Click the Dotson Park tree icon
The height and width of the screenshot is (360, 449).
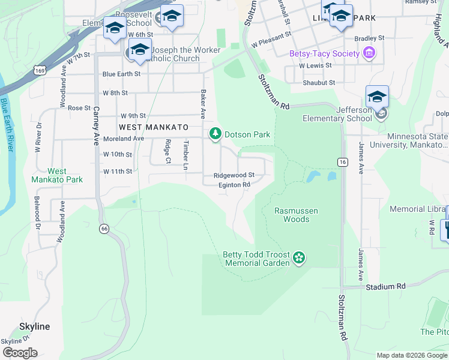(x=215, y=134)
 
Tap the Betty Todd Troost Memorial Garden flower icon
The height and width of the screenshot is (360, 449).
(x=299, y=259)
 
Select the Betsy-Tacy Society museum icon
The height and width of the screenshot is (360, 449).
(x=370, y=53)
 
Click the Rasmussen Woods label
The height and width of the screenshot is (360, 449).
(x=296, y=215)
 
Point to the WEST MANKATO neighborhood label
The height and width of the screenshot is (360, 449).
(x=154, y=127)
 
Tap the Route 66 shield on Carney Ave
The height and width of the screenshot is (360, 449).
(x=104, y=228)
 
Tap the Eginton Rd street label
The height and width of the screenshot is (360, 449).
(x=234, y=185)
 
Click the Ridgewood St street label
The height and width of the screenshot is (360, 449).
(x=234, y=175)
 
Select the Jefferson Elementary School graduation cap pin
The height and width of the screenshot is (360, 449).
(x=377, y=97)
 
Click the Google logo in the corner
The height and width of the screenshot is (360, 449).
(x=20, y=353)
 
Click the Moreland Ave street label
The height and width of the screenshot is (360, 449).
(x=123, y=139)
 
